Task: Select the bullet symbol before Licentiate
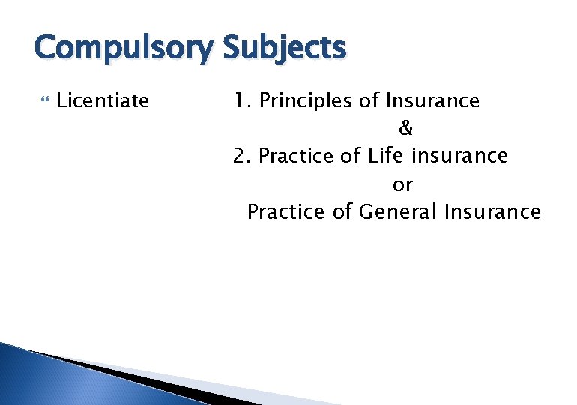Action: pos(41,100)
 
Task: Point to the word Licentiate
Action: pos(103,100)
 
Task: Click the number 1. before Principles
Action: pos(242,100)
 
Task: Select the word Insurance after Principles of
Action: pos(432,100)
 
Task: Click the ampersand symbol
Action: pos(405,128)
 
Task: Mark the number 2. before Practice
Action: pos(242,156)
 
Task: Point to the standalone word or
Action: pos(402,184)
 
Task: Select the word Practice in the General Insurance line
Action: pos(287,212)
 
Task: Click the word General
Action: pos(398,212)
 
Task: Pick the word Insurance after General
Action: pos(492,212)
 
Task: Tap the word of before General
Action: pos(342,212)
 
